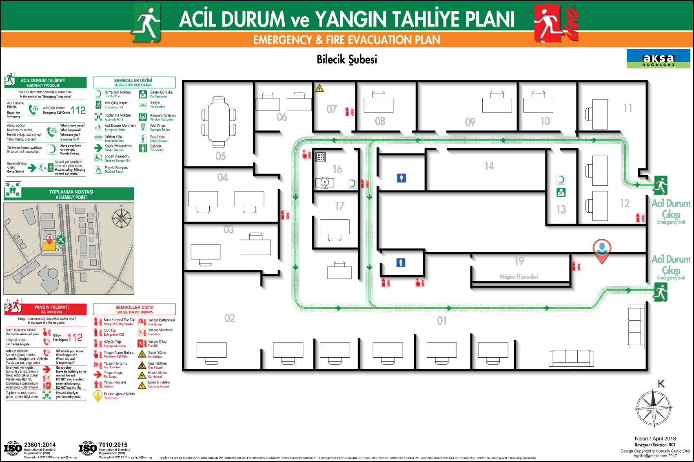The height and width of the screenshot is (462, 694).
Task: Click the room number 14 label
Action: tap(489, 166)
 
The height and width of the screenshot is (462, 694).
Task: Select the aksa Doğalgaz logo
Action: tap(658, 59)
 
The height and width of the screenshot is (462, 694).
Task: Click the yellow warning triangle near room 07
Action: tap(319, 88)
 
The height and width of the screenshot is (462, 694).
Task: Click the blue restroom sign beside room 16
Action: tap(401, 178)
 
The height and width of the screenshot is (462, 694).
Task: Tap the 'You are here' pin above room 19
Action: tap(602, 249)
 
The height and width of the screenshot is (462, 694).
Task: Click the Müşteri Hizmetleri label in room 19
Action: tap(519, 277)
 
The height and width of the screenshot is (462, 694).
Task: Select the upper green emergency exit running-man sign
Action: tap(660, 186)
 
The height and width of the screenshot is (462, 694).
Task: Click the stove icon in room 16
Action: tap(320, 156)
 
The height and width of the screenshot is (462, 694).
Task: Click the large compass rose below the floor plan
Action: tap(653, 408)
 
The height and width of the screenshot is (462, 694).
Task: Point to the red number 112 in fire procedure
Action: tap(75, 337)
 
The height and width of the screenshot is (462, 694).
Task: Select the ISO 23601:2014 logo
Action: tap(13, 448)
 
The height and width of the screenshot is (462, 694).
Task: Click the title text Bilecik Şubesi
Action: tap(347, 59)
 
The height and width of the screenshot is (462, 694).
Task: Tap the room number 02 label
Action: tap(230, 318)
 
